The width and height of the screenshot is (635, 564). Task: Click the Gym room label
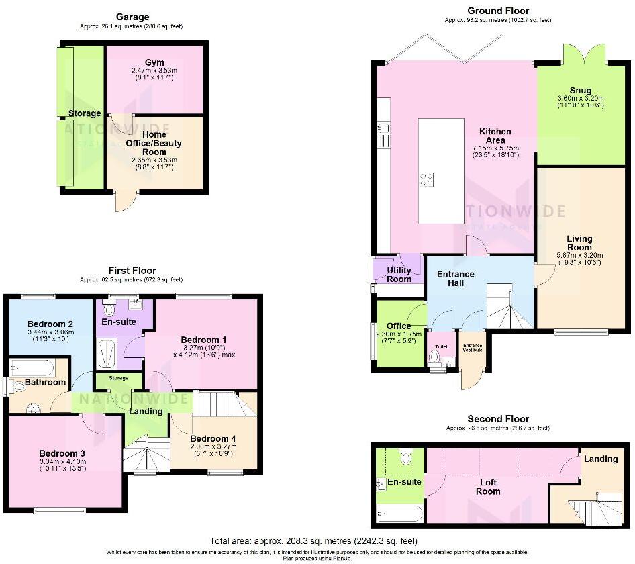(x=154, y=62)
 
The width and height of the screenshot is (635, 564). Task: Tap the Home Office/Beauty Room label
(x=154, y=143)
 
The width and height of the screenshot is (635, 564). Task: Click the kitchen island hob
(x=426, y=179)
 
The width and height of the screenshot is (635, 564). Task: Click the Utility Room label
(x=399, y=274)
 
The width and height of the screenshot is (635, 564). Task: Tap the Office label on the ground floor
(x=398, y=326)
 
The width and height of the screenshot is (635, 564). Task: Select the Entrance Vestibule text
(x=472, y=347)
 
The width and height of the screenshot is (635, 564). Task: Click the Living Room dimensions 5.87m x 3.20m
(x=579, y=255)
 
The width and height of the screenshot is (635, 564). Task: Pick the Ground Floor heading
(x=498, y=11)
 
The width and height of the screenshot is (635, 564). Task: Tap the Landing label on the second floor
(x=600, y=459)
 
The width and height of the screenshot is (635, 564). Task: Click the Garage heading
(x=132, y=17)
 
